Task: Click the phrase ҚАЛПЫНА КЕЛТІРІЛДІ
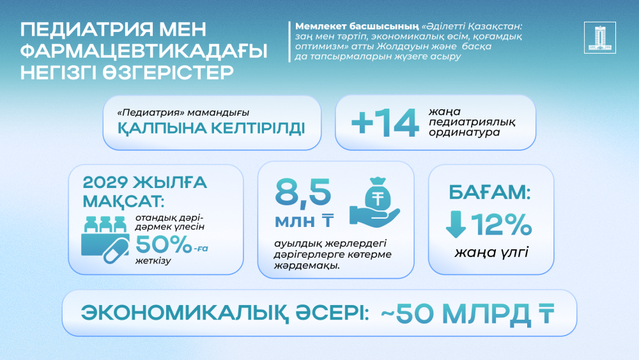click(212, 128)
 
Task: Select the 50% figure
click(164, 245)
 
